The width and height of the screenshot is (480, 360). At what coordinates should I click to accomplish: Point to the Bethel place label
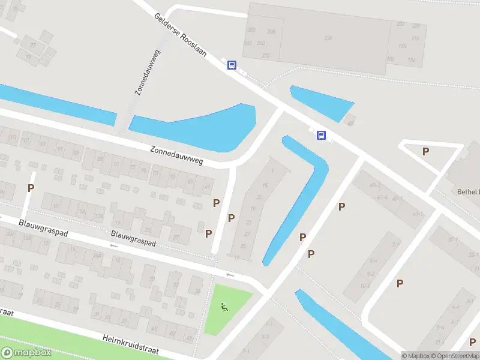466,192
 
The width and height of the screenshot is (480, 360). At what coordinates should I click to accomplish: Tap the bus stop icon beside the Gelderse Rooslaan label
232,65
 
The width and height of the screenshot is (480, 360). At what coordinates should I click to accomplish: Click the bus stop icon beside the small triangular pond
322,135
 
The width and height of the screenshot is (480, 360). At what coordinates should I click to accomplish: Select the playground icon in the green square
224,308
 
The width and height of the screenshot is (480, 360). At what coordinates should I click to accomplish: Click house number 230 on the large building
328,38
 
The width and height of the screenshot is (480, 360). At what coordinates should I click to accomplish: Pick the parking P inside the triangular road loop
425,152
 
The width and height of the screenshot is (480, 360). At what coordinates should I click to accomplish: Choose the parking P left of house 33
31,188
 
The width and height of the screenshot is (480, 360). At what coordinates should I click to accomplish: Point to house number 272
266,55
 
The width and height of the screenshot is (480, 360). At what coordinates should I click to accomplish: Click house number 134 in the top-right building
411,60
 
